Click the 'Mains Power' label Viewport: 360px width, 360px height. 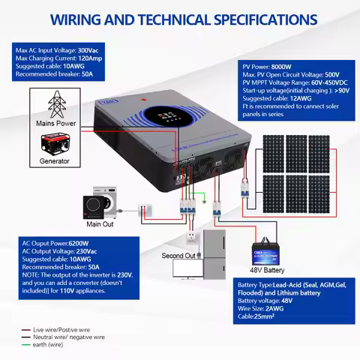54,122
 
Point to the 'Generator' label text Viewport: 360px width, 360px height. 54,161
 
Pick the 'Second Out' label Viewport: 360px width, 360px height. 178,256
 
